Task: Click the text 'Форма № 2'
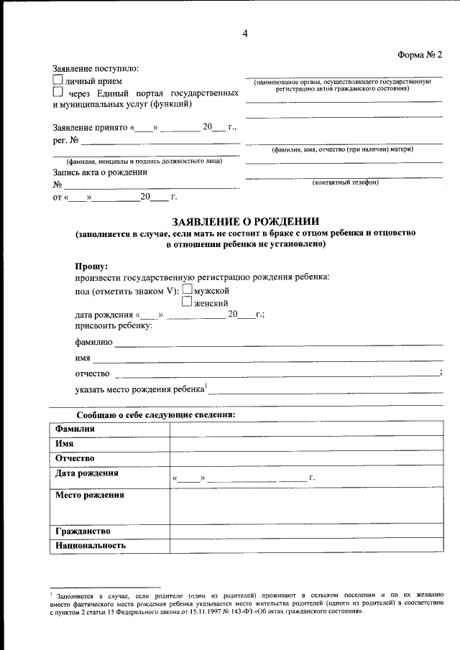tap(420, 55)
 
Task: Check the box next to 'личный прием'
tap(58, 80)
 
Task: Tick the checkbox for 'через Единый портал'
tap(58, 93)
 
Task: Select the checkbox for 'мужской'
tap(188, 289)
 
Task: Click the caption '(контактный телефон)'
tap(345, 182)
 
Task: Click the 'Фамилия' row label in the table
tap(75, 429)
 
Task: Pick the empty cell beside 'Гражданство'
tap(306, 531)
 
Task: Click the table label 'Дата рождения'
tap(87, 473)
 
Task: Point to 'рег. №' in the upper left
tap(67, 141)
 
